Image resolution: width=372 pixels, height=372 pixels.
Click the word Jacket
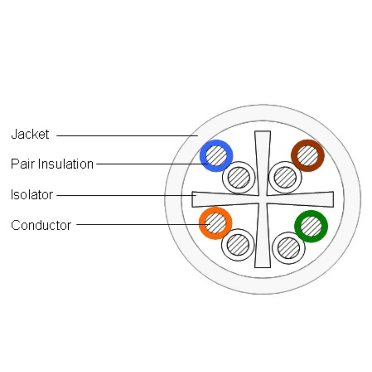[x=30, y=134]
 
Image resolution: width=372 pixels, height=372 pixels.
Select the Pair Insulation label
[x=52, y=164]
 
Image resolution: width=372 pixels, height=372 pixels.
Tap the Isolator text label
[x=32, y=195]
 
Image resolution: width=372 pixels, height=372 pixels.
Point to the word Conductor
[x=41, y=225]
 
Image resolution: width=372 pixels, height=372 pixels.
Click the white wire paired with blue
[x=239, y=177]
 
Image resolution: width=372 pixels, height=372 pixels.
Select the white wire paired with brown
[x=285, y=177]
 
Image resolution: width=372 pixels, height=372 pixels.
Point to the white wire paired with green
[x=289, y=248]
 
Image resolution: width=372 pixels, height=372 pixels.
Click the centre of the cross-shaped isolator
[x=263, y=199]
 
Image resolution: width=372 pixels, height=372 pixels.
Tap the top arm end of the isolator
[x=263, y=131]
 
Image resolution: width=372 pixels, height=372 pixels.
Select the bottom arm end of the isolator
[x=263, y=267]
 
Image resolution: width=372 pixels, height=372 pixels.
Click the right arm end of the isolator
[x=333, y=199]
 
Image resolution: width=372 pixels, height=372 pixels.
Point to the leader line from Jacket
[x=127, y=136]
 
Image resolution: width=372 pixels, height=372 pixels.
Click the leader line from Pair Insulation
[x=152, y=164]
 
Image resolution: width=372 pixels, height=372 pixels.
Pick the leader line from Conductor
[x=143, y=224]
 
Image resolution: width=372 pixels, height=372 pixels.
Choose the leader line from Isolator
[x=126, y=195]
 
